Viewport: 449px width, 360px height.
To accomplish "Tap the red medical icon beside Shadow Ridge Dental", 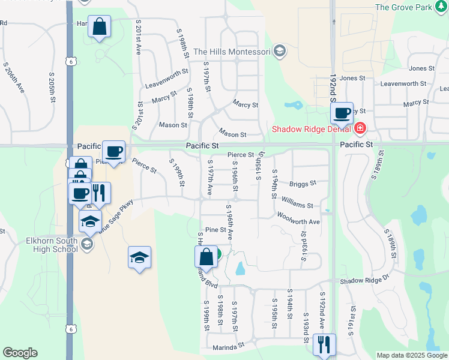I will [x=360, y=128].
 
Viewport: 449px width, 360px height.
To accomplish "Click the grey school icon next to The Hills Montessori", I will [x=279, y=52].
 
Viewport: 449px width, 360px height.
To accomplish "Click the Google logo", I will [x=20, y=353].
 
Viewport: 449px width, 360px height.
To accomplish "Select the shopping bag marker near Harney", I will [x=99, y=26].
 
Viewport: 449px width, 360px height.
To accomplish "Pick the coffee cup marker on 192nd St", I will [x=342, y=113].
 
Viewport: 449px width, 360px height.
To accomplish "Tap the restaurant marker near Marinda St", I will [x=324, y=344].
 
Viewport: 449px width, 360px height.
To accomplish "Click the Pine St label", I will [x=215, y=230].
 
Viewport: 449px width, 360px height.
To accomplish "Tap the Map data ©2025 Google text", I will [x=412, y=355].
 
